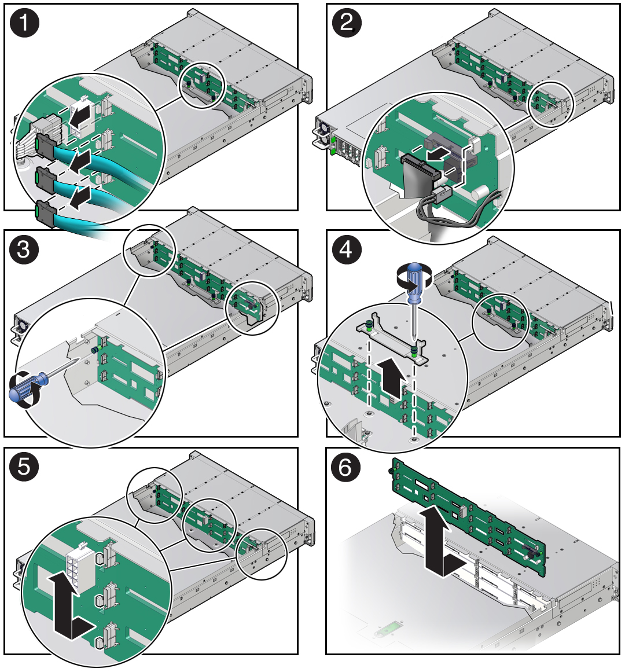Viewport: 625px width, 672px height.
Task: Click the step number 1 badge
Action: pyautogui.click(x=24, y=23)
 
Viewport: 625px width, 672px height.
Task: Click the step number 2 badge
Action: pyautogui.click(x=346, y=23)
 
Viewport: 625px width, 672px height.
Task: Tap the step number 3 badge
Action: pyautogui.click(x=24, y=250)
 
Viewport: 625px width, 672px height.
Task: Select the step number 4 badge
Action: pyautogui.click(x=346, y=250)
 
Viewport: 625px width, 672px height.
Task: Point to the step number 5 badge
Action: pyautogui.click(x=24, y=467)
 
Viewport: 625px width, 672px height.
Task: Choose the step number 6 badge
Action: pyautogui.click(x=346, y=467)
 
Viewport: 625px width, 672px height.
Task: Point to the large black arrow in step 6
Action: pyautogui.click(x=440, y=544)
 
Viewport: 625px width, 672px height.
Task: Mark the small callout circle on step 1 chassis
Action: pyautogui.click(x=202, y=85)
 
